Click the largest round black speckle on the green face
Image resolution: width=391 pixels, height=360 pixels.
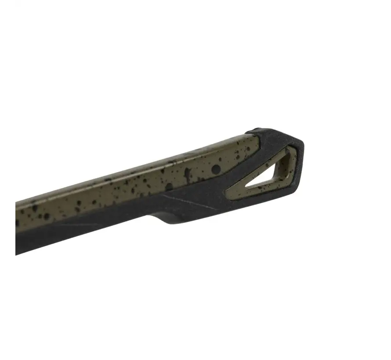tap(216, 169)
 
